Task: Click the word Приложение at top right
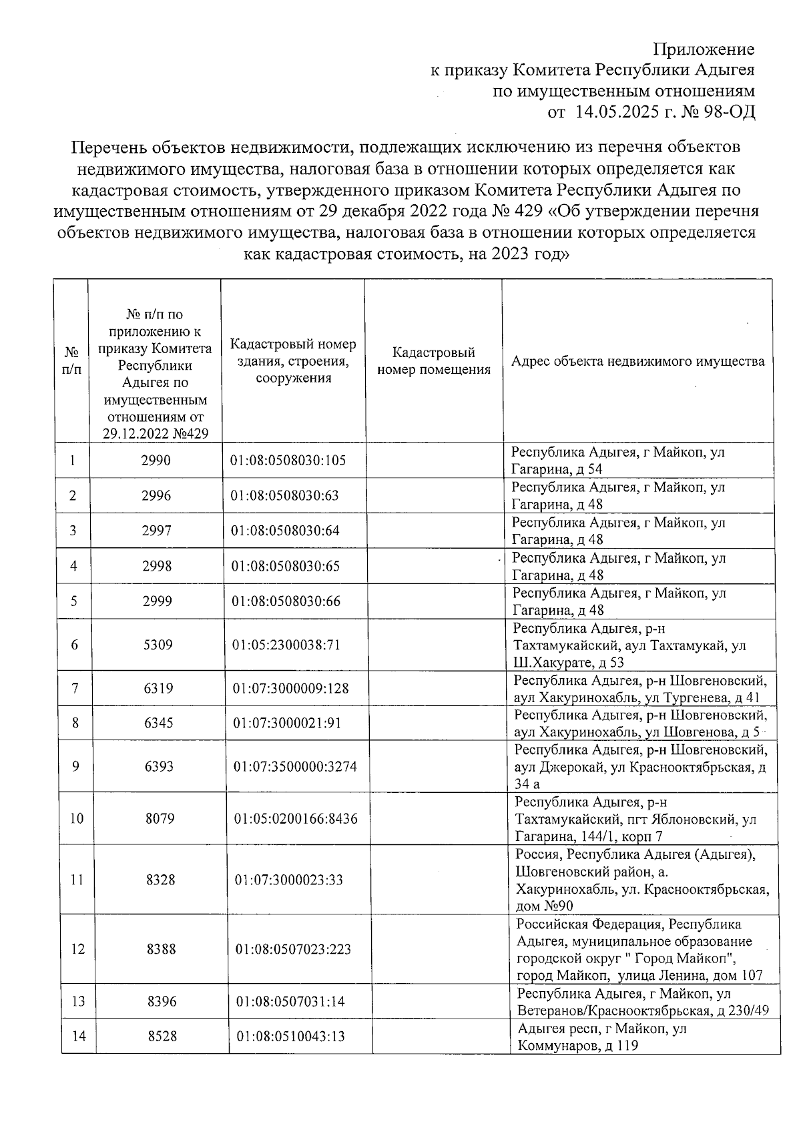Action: (x=704, y=49)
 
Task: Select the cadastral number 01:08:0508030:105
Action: (x=288, y=461)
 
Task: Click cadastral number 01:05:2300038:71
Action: (x=286, y=645)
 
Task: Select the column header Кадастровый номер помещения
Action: (x=434, y=361)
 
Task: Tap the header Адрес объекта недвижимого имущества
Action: (x=637, y=361)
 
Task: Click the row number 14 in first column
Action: (x=79, y=1037)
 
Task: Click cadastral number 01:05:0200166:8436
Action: (x=296, y=818)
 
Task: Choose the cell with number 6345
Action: (x=159, y=723)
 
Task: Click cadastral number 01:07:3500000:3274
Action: (x=295, y=766)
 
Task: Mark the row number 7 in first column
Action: (x=75, y=688)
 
